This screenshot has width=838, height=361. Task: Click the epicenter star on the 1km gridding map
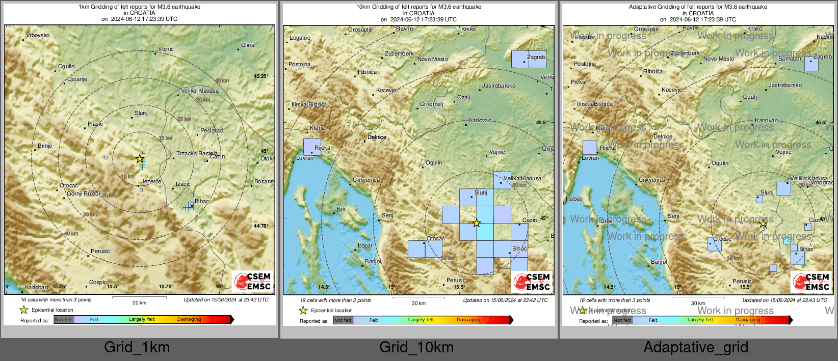140,159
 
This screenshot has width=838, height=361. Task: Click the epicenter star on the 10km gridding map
477,223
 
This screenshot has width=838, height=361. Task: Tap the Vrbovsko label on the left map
38,35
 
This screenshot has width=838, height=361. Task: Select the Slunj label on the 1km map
141,113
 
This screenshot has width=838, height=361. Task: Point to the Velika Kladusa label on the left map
200,91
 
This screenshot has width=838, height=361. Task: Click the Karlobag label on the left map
36,288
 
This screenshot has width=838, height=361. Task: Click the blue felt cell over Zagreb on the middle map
529,59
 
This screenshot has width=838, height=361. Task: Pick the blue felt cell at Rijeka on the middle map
312,147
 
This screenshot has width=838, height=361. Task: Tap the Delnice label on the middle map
377,137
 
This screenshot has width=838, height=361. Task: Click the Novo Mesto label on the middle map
433,59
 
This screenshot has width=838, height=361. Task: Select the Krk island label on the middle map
341,209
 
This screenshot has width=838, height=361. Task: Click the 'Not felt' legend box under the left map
64,320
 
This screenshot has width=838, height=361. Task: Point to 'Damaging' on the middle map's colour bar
468,320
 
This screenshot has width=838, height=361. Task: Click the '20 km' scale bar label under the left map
139,303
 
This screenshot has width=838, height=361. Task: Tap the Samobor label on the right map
790,59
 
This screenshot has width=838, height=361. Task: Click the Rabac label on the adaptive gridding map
574,199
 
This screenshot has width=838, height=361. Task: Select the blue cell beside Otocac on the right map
715,244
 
